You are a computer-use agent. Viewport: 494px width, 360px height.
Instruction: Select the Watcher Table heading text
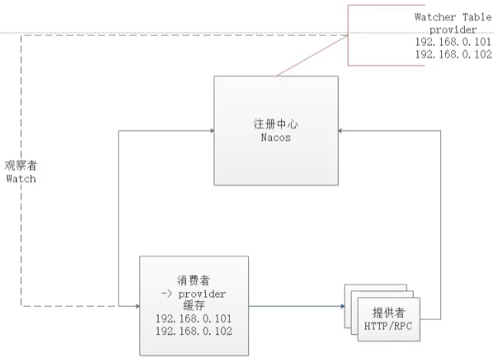[453, 17]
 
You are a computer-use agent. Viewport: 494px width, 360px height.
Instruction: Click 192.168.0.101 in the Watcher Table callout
[453, 42]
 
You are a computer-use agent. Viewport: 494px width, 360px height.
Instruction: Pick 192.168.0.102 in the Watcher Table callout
[453, 55]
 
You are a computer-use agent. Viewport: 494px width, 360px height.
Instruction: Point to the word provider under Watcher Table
[453, 29]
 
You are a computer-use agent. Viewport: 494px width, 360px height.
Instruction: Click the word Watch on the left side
[21, 178]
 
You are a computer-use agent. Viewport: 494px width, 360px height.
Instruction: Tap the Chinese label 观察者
[21, 165]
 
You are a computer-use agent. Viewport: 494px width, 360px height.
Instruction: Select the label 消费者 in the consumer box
[193, 281]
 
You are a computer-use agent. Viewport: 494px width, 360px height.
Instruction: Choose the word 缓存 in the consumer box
[193, 305]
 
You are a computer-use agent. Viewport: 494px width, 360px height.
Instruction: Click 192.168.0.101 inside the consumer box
[193, 318]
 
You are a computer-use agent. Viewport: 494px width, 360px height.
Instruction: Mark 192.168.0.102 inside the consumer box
[193, 330]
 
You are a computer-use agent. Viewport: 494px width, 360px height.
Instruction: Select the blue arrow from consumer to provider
[295, 306]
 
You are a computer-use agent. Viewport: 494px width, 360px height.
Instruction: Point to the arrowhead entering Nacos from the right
[342, 131]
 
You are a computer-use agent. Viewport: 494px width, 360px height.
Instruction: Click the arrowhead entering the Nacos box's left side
[211, 131]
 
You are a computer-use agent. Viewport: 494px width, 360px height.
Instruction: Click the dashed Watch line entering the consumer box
[77, 306]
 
